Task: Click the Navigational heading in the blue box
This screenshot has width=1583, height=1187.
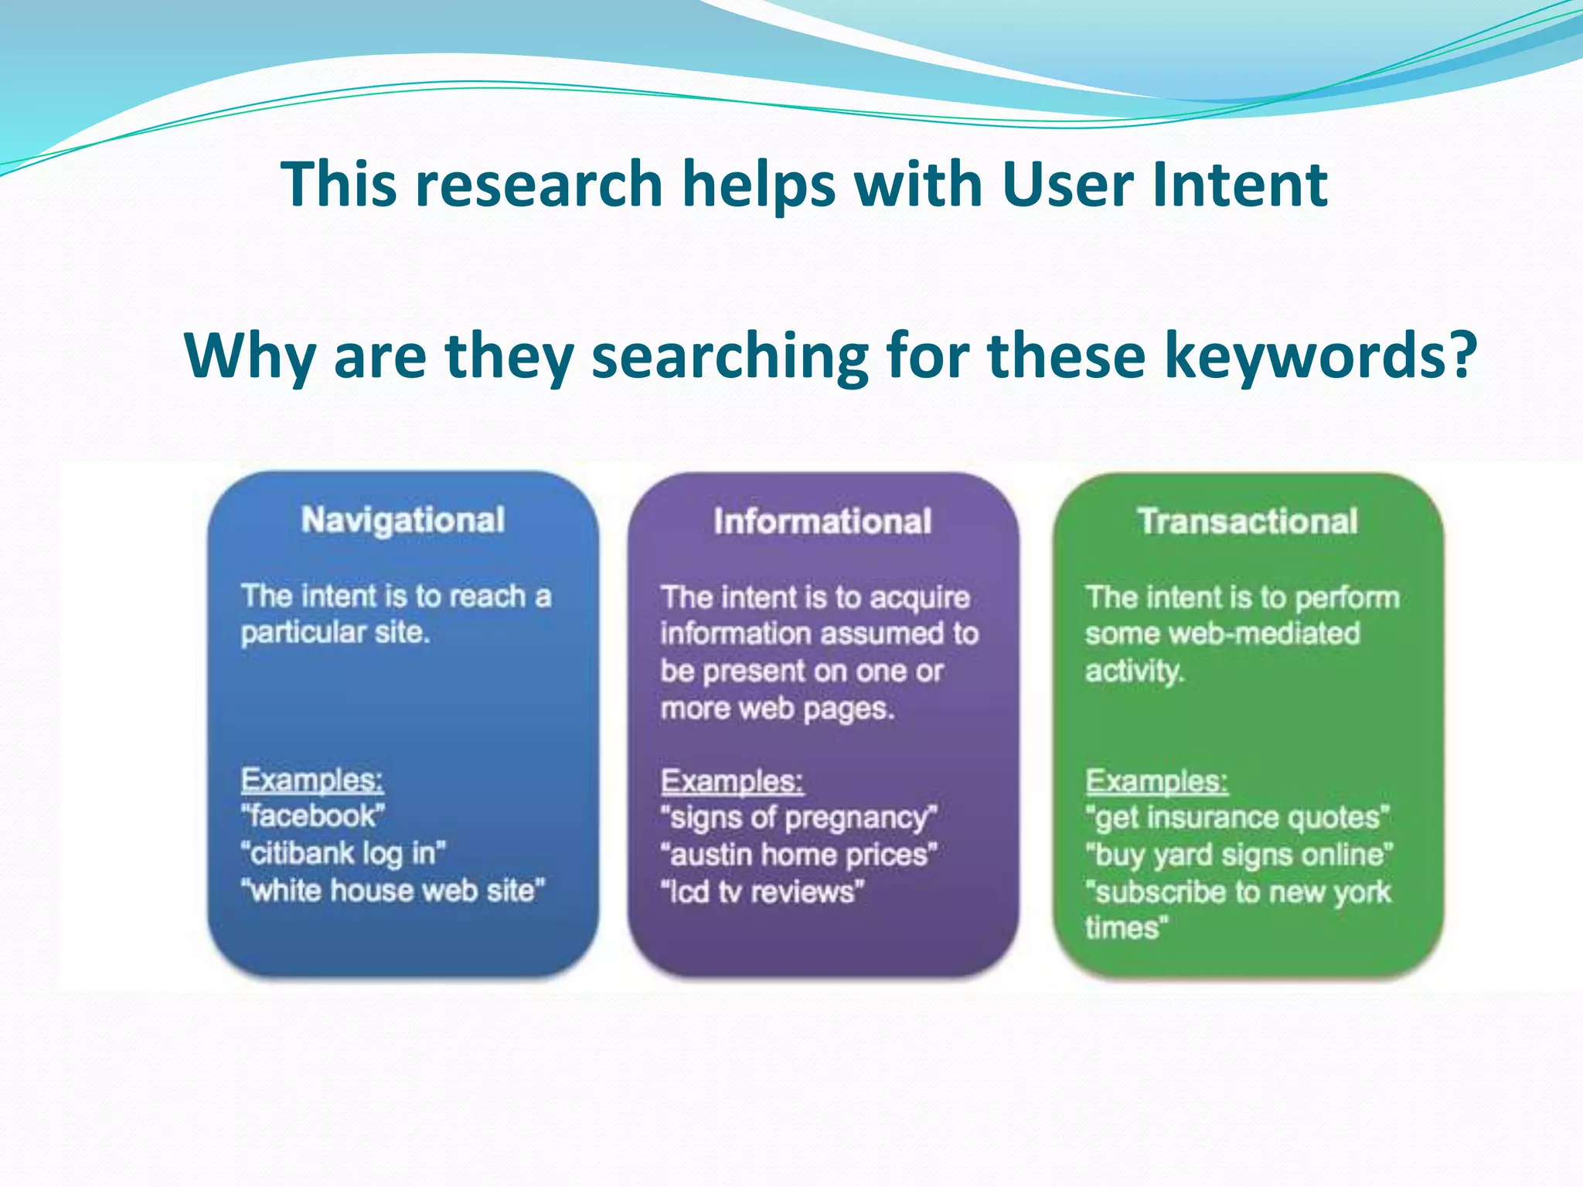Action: coord(403,520)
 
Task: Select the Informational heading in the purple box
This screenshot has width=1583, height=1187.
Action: coord(822,522)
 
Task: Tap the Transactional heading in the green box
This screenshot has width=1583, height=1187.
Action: coord(1248,522)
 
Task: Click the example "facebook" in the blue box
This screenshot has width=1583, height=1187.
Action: coord(313,816)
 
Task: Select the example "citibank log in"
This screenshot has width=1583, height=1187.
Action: coord(343,853)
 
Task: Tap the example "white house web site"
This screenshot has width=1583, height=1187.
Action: coord(393,891)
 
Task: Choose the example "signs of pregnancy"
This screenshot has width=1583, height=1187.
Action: coord(799,818)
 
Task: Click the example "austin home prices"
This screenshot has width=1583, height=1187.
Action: coord(799,855)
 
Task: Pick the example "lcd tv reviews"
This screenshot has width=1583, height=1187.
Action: coord(762,892)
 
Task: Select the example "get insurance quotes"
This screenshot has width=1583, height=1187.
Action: coord(1237,818)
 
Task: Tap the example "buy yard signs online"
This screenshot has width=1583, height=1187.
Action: coord(1239,855)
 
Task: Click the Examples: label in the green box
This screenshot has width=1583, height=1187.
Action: coord(1156,781)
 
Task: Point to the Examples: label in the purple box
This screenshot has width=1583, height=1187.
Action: coord(732,781)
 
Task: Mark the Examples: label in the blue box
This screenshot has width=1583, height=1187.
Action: coord(312,780)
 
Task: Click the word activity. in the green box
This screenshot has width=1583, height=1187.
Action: coord(1134,670)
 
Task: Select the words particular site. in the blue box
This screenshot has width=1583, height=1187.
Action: coord(335,633)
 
